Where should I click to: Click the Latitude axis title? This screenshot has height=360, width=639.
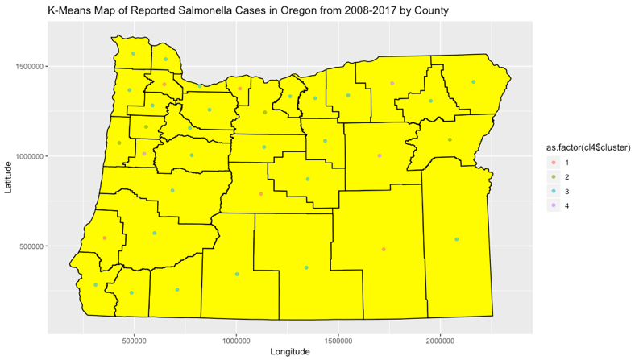click(9, 176)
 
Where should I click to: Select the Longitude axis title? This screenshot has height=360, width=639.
click(290, 351)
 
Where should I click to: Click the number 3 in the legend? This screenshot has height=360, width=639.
click(567, 192)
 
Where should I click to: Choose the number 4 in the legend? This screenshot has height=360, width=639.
click(567, 206)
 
